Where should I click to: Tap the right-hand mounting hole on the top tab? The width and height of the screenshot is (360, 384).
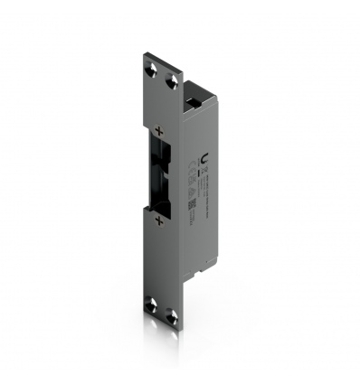click(x=173, y=81)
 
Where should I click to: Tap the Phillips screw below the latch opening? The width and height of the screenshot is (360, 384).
click(x=159, y=220)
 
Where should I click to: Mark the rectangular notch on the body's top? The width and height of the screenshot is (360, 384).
click(x=192, y=89)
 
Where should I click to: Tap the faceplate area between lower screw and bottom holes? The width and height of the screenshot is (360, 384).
click(x=163, y=262)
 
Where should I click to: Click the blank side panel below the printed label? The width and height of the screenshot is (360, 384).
click(x=201, y=244)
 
